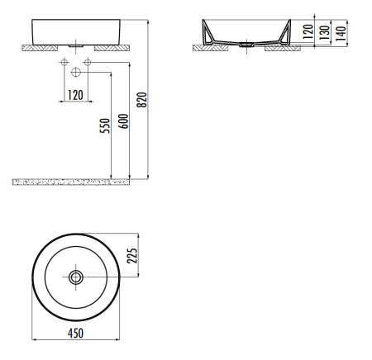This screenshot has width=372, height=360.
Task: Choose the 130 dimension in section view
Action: pyautogui.click(x=328, y=33)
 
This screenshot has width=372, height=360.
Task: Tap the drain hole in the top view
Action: pyautogui.click(x=76, y=277)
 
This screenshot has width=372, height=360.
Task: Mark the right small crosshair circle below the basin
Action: pyautogui.click(x=87, y=64)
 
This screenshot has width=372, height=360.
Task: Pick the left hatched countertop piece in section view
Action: pyautogui.click(x=205, y=48)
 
